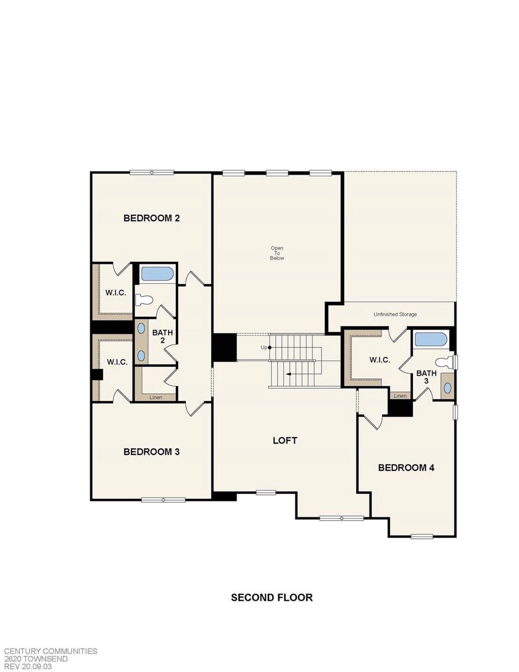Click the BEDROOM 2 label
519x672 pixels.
(x=152, y=218)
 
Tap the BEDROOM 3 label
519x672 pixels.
(x=152, y=452)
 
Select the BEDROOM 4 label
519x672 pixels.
(x=406, y=467)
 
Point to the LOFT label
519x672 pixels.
(x=285, y=440)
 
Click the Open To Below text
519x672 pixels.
(x=277, y=253)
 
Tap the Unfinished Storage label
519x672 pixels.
(x=395, y=314)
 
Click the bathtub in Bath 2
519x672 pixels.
(x=157, y=274)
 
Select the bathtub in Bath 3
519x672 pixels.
(x=431, y=340)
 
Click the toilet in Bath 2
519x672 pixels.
(x=144, y=300)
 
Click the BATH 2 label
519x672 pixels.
(x=163, y=336)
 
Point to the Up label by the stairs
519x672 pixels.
(x=264, y=347)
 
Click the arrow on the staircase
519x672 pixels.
(x=288, y=374)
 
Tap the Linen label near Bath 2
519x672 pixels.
(x=156, y=397)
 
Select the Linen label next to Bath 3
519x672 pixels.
(x=400, y=396)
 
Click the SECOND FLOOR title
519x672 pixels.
(x=272, y=597)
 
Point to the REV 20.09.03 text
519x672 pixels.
(x=28, y=666)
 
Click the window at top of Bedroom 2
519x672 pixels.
(x=152, y=172)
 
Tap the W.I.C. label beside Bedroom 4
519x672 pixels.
(x=380, y=360)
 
